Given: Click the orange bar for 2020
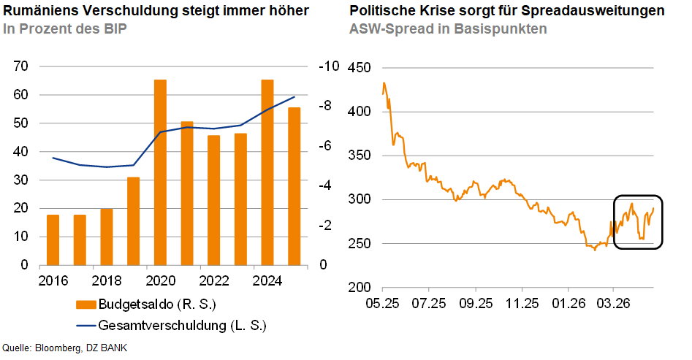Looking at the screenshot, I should coord(160,172).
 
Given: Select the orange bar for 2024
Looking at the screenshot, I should coord(267,172).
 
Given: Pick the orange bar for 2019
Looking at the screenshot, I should coord(133,221).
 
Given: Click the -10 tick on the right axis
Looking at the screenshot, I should coord(329,66).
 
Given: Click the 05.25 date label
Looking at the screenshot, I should coord(383,303).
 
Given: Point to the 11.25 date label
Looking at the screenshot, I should coord(521,303).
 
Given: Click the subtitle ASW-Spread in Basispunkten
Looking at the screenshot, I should coord(448,29).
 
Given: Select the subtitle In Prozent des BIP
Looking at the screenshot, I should coord(60,29).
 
